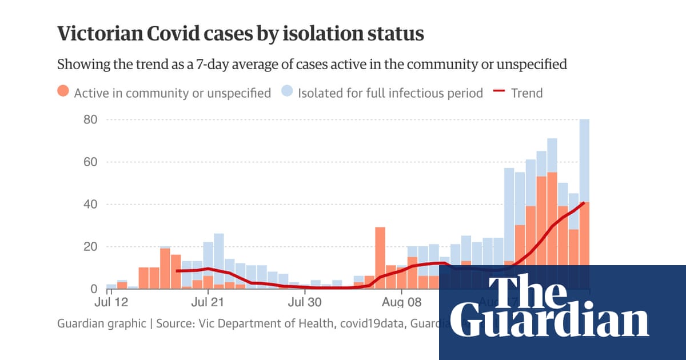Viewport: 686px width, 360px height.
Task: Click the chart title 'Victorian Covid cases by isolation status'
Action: click(x=240, y=34)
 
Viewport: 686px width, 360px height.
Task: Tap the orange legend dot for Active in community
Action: click(x=63, y=92)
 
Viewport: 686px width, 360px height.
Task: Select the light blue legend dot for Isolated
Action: click(x=287, y=92)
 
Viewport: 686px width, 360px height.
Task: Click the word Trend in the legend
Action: click(x=527, y=93)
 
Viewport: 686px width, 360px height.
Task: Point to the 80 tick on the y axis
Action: click(x=91, y=120)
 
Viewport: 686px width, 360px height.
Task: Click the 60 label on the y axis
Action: click(x=91, y=162)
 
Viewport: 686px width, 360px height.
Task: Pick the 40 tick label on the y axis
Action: click(x=91, y=205)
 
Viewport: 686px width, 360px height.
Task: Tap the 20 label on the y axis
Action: click(x=91, y=247)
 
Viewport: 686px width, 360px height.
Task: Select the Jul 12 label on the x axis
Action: click(x=111, y=301)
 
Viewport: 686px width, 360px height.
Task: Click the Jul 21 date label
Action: click(x=207, y=301)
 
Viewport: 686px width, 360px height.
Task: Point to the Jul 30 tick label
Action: click(x=304, y=301)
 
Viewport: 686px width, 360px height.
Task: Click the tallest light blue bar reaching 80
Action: click(x=584, y=160)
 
